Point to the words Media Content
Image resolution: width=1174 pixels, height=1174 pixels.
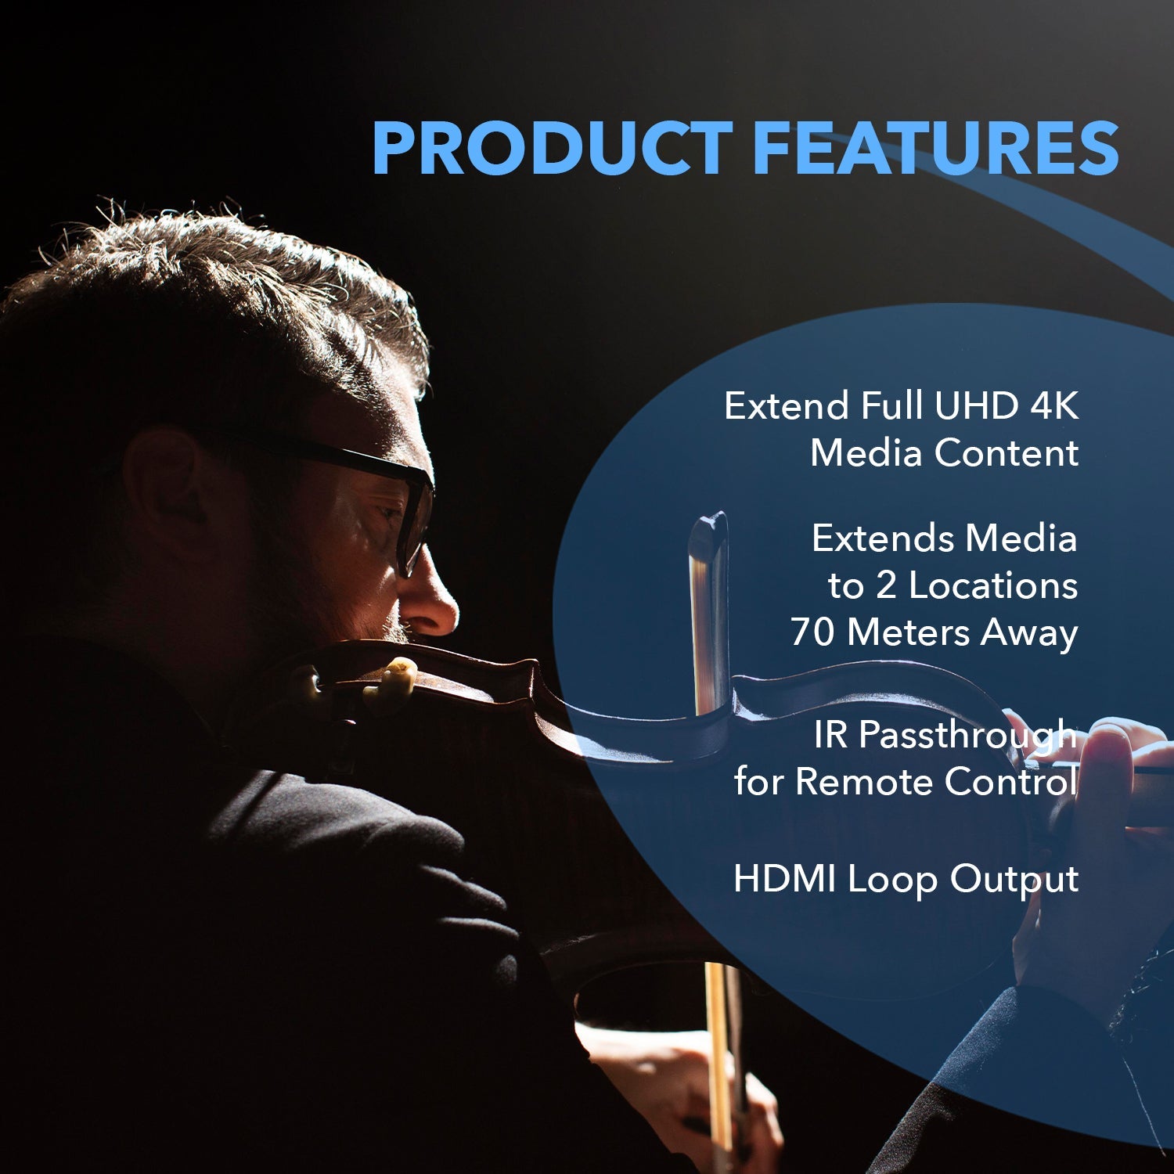click(x=944, y=453)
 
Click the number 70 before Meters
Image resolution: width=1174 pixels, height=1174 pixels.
click(x=812, y=632)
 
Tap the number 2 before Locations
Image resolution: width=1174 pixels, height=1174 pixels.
click(x=885, y=585)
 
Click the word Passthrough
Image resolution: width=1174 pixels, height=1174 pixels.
click(x=967, y=736)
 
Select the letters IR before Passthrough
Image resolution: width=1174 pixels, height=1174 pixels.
click(x=830, y=734)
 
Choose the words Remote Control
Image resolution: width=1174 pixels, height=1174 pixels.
click(x=936, y=781)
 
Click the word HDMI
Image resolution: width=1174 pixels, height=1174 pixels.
click(x=784, y=879)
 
